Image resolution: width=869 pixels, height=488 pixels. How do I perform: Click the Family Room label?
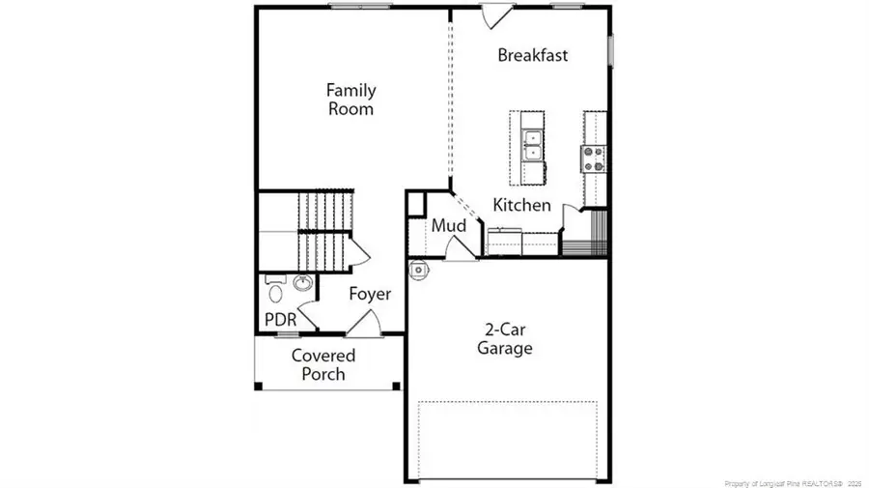[x=350, y=100]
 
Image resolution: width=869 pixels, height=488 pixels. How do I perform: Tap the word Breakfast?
[x=532, y=55]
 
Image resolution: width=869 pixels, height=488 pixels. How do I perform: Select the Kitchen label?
[x=522, y=205]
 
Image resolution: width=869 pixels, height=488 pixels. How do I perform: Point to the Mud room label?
[x=449, y=226]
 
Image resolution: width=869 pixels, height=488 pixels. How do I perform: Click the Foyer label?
[x=370, y=294]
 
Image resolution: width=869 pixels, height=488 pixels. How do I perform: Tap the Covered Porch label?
[x=323, y=364]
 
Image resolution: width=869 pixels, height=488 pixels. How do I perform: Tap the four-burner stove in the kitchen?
[x=592, y=158]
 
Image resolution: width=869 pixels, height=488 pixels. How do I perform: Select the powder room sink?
[x=302, y=284]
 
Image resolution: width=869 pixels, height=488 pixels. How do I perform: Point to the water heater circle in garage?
[x=419, y=271]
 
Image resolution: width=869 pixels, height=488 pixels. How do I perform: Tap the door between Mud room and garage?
[x=461, y=248]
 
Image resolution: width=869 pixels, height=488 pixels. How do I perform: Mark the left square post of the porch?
[x=258, y=387]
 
